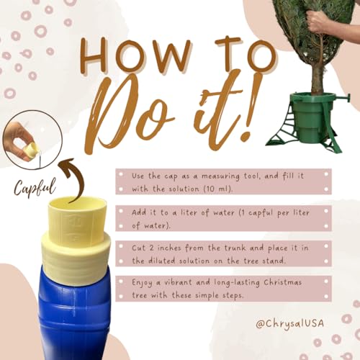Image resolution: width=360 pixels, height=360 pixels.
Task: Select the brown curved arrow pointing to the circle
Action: (x=74, y=179)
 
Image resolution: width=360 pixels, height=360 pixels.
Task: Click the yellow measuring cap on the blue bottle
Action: (x=76, y=240)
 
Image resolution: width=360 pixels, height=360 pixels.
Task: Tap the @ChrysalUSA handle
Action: (x=289, y=323)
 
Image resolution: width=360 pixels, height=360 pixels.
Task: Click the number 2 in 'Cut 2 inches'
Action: (x=151, y=248)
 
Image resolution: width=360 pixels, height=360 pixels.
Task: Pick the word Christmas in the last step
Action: (x=282, y=282)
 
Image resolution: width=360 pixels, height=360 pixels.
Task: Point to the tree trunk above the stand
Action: (x=318, y=77)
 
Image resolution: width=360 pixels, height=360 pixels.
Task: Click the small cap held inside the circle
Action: (x=30, y=149)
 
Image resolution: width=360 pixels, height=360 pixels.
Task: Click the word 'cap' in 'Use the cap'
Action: (x=171, y=176)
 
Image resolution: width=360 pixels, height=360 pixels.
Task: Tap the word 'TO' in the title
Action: (x=246, y=53)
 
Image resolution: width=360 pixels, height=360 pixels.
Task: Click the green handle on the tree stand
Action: (x=341, y=98)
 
